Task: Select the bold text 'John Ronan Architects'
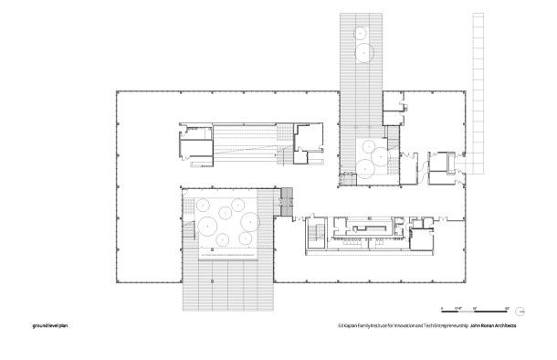pos(499,325)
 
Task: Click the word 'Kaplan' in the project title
pos(352,325)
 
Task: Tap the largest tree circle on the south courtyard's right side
pos(249,219)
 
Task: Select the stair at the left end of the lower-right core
pos(311,234)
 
